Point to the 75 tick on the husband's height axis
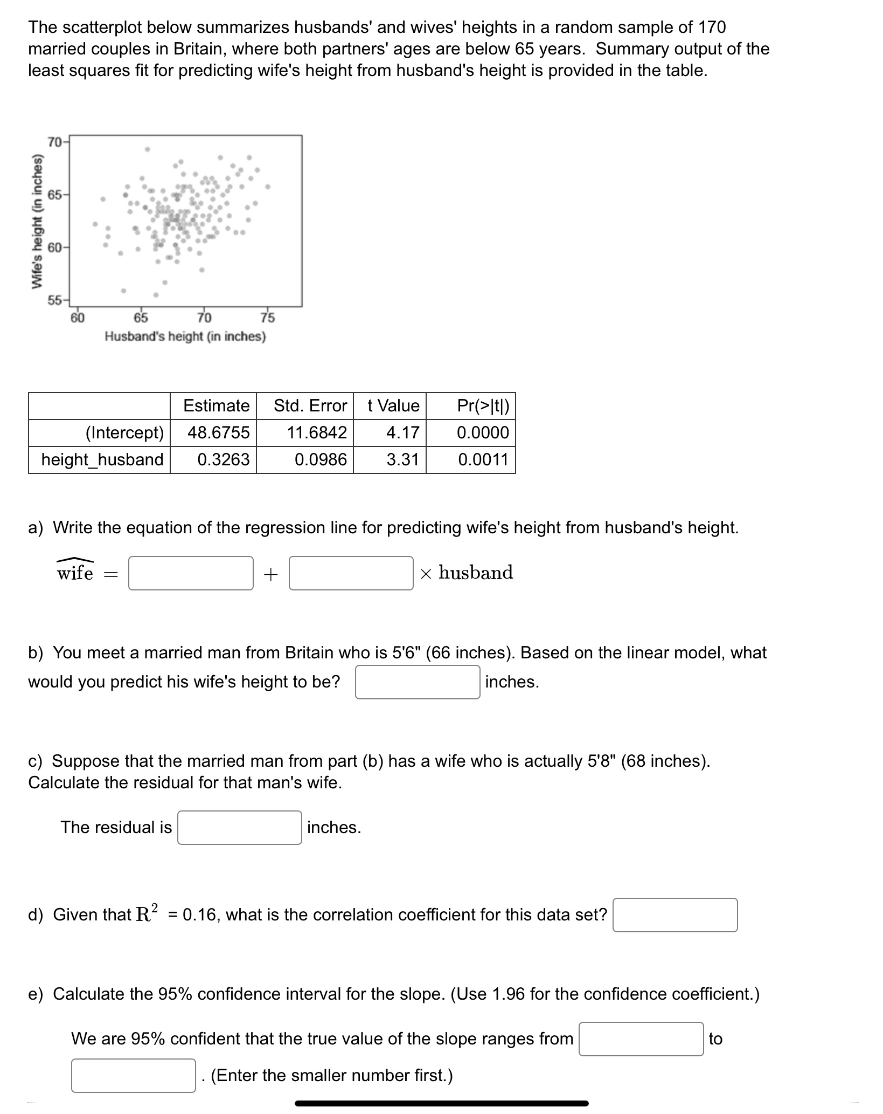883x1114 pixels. click(268, 318)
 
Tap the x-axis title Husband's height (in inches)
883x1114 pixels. click(185, 336)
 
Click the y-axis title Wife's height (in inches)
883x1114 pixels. click(37, 221)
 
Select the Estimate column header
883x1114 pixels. click(216, 405)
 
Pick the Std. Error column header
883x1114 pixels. click(310, 405)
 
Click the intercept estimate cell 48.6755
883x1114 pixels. click(218, 432)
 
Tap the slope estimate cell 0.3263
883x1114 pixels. click(223, 459)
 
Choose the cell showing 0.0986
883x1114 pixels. click(321, 459)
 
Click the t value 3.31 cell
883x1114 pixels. click(402, 459)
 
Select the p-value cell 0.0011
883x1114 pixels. click(483, 459)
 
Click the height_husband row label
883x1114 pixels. click(102, 459)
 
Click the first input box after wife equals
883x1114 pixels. click(191, 573)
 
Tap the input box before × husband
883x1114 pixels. click(351, 573)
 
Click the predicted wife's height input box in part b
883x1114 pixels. click(417, 682)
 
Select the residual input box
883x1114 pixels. click(239, 828)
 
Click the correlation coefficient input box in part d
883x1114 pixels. click(675, 915)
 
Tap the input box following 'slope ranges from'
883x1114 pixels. click(641, 1039)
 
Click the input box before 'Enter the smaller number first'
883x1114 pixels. click(133, 1076)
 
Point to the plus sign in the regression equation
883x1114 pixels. click(270, 574)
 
